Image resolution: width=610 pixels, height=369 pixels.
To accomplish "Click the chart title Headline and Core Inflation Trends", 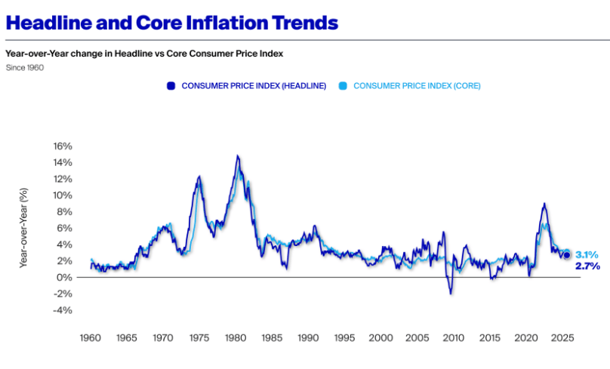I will [171, 23].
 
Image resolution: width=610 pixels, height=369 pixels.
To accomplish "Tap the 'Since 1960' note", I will [24, 68].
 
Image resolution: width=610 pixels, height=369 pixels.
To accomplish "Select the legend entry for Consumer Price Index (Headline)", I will [247, 86].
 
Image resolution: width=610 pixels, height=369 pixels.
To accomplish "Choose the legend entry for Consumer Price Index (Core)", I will [409, 86].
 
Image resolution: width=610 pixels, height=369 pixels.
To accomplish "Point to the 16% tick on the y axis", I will [62, 146].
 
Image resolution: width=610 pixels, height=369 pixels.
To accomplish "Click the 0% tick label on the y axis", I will [65, 278].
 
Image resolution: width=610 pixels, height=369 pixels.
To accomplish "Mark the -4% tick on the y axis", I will [62, 310].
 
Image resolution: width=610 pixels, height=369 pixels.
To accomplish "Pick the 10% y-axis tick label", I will [62, 195].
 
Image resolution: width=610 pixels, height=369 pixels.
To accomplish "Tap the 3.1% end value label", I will [587, 255].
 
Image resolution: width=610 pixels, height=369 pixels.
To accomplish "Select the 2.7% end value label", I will [587, 266].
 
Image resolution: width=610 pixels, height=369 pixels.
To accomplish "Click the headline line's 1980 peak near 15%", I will [237, 156].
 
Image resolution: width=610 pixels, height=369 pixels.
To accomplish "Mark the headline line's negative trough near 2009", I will [451, 293].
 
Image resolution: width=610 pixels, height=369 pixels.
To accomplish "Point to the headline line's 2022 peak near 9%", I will [544, 204].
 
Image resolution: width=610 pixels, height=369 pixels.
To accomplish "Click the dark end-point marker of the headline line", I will [567, 255].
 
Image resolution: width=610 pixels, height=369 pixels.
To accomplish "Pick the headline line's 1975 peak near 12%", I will [199, 177].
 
